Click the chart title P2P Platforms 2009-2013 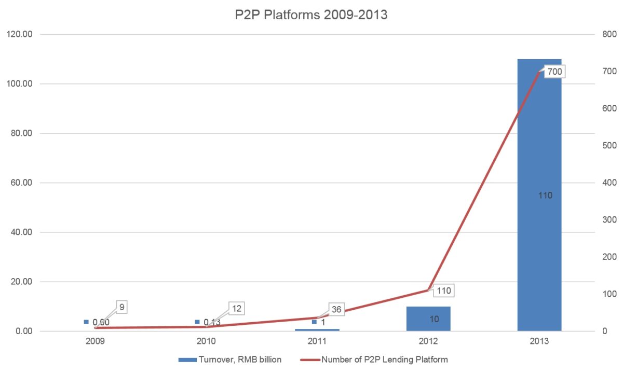tap(311, 15)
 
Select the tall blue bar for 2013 tap(539, 130)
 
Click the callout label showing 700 tap(554, 72)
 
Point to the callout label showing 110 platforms tap(443, 291)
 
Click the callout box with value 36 tap(336, 309)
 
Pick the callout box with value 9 tap(121, 307)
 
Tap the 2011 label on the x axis tap(317, 342)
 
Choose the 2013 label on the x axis tap(539, 342)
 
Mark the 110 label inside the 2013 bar tap(545, 196)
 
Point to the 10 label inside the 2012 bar tap(434, 319)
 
